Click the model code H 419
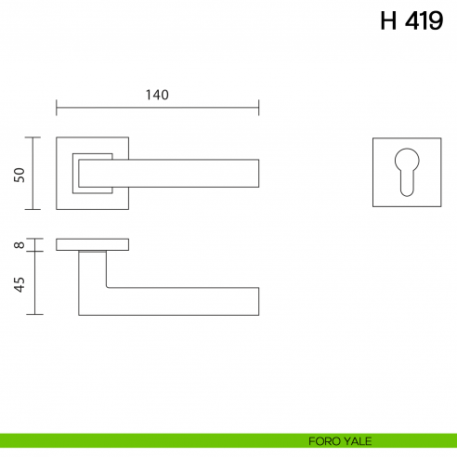(411, 21)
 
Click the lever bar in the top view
(186, 173)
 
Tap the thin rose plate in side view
(92, 244)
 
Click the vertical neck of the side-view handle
(92, 279)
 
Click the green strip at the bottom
(139, 441)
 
